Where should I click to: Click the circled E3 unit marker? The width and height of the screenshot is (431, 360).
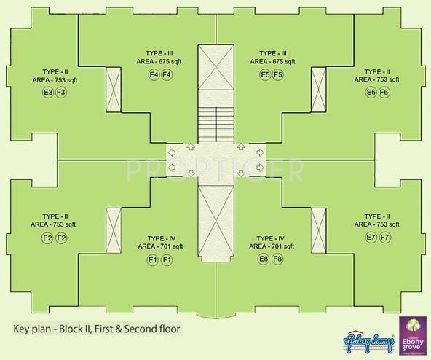pyautogui.click(x=48, y=92)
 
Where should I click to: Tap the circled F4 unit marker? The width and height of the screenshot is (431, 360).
pyautogui.click(x=167, y=75)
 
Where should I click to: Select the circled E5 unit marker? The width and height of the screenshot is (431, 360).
pyautogui.click(x=265, y=75)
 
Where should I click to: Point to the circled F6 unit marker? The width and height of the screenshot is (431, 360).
pyautogui.click(x=384, y=92)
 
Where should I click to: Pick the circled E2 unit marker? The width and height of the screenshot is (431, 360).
pyautogui.click(x=48, y=238)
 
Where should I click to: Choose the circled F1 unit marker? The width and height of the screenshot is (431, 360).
pyautogui.click(x=167, y=260)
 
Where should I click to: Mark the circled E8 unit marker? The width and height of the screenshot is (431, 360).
pyautogui.click(x=265, y=260)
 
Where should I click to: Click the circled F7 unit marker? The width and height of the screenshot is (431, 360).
pyautogui.click(x=384, y=238)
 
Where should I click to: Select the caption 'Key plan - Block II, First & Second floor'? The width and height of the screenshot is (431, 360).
pyautogui.click(x=96, y=328)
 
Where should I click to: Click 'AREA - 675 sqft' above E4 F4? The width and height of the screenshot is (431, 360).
pyautogui.click(x=159, y=63)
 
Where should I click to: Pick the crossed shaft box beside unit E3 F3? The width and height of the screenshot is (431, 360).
pyautogui.click(x=114, y=90)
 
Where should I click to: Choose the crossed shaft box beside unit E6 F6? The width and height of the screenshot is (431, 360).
pyautogui.click(x=318, y=90)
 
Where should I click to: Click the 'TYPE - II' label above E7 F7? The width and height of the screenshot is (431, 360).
pyautogui.click(x=377, y=216)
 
